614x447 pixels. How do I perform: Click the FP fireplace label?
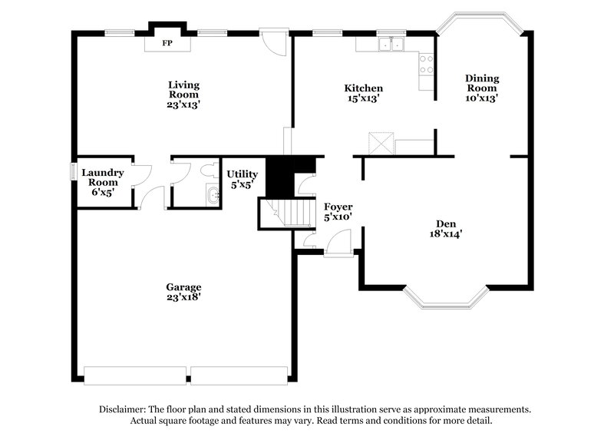coord(165,43)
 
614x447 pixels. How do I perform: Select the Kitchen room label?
coord(363,93)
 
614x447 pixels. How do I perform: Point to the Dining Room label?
coord(482,88)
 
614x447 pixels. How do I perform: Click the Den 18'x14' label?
coord(445,230)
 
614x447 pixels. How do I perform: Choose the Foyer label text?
coord(338,212)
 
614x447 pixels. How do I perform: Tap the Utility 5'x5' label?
coord(242,179)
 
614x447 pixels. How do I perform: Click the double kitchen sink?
coord(391,44)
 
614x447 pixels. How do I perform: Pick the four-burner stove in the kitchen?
coord(425,65)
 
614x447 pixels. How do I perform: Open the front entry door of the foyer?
coord(336,246)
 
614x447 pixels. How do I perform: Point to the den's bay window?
coord(445,302)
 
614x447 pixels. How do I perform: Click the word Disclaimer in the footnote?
coord(125,409)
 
